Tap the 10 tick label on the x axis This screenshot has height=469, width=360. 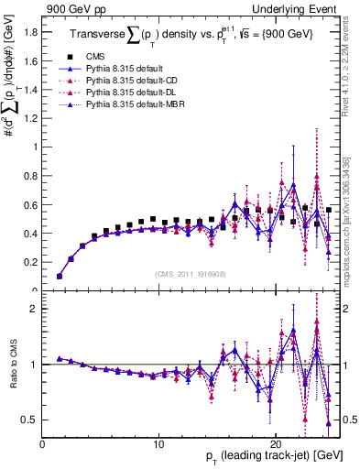click(x=159, y=443)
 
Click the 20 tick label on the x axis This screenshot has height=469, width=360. click(x=276, y=443)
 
